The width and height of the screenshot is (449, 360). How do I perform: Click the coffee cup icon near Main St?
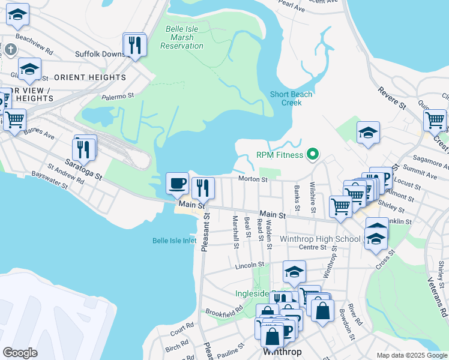177,184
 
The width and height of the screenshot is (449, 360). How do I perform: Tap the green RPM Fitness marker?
312,155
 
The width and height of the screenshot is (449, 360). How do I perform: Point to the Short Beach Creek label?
291,98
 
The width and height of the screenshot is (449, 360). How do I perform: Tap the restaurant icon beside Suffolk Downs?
134,44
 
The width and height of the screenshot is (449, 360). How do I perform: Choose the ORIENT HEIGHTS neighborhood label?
90,77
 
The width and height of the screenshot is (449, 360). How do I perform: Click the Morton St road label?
252,179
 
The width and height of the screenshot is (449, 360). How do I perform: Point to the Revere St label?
392,98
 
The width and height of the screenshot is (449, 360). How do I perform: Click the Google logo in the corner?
20,353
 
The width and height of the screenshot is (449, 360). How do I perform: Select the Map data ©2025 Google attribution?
412,355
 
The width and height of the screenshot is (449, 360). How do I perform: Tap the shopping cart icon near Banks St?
340,206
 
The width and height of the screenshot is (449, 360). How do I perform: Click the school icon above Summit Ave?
368,133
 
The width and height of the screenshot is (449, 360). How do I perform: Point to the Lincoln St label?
250,265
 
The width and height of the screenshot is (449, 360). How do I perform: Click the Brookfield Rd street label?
223,311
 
